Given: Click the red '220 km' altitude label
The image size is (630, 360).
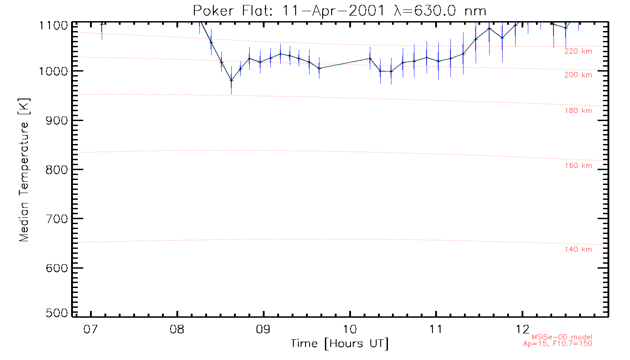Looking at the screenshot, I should coord(578,51).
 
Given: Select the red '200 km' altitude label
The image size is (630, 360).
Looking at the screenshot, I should coord(578,75).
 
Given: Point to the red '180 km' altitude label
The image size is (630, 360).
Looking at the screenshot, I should coord(578,111).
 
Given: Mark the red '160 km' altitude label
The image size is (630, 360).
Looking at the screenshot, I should coord(578,166).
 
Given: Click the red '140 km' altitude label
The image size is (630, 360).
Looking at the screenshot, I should coord(578,249).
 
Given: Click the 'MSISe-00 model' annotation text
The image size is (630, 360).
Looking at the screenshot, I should coord(562,337).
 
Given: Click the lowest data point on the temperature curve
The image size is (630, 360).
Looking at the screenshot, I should coord(231,80).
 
